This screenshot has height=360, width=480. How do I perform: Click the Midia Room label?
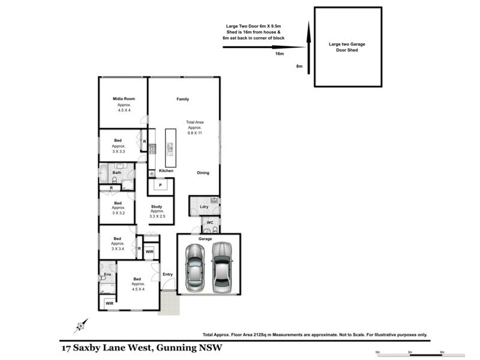[124, 98]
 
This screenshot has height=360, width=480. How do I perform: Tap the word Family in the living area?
[182, 98]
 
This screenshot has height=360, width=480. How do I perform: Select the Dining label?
[203, 173]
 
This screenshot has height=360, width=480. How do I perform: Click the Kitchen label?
[166, 171]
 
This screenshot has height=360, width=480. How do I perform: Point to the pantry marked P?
[160, 185]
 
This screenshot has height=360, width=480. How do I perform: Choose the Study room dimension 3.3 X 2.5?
[157, 216]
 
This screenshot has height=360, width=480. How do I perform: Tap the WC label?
[210, 222]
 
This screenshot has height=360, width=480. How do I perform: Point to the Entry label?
[168, 274]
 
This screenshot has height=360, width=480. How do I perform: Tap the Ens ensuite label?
[108, 274]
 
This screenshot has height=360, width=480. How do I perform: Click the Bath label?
[116, 173]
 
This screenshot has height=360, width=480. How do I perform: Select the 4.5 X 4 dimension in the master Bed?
[138, 289]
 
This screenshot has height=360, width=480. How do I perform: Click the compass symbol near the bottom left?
[80, 327]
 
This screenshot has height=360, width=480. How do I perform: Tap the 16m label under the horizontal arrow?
[279, 53]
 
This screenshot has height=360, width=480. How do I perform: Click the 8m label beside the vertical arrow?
[299, 66]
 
